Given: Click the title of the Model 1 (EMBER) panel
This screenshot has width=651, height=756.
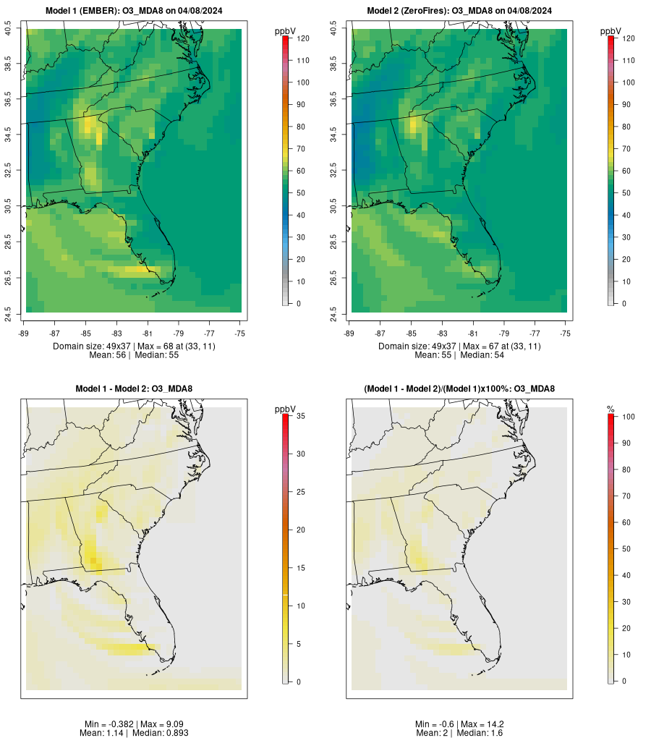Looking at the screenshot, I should point(134,10).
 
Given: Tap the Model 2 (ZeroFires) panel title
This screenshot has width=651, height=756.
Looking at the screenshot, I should point(459,10).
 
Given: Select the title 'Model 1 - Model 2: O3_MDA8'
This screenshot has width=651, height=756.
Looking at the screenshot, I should point(134,388).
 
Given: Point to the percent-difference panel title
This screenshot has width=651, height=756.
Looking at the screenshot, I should point(459,388).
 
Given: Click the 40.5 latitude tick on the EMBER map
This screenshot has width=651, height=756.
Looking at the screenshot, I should point(9,30).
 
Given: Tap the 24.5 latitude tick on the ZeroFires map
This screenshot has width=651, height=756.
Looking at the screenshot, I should point(334,313).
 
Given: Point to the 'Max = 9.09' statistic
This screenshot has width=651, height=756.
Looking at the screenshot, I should point(158,724).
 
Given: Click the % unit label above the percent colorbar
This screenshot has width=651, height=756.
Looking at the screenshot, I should point(610,409).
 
